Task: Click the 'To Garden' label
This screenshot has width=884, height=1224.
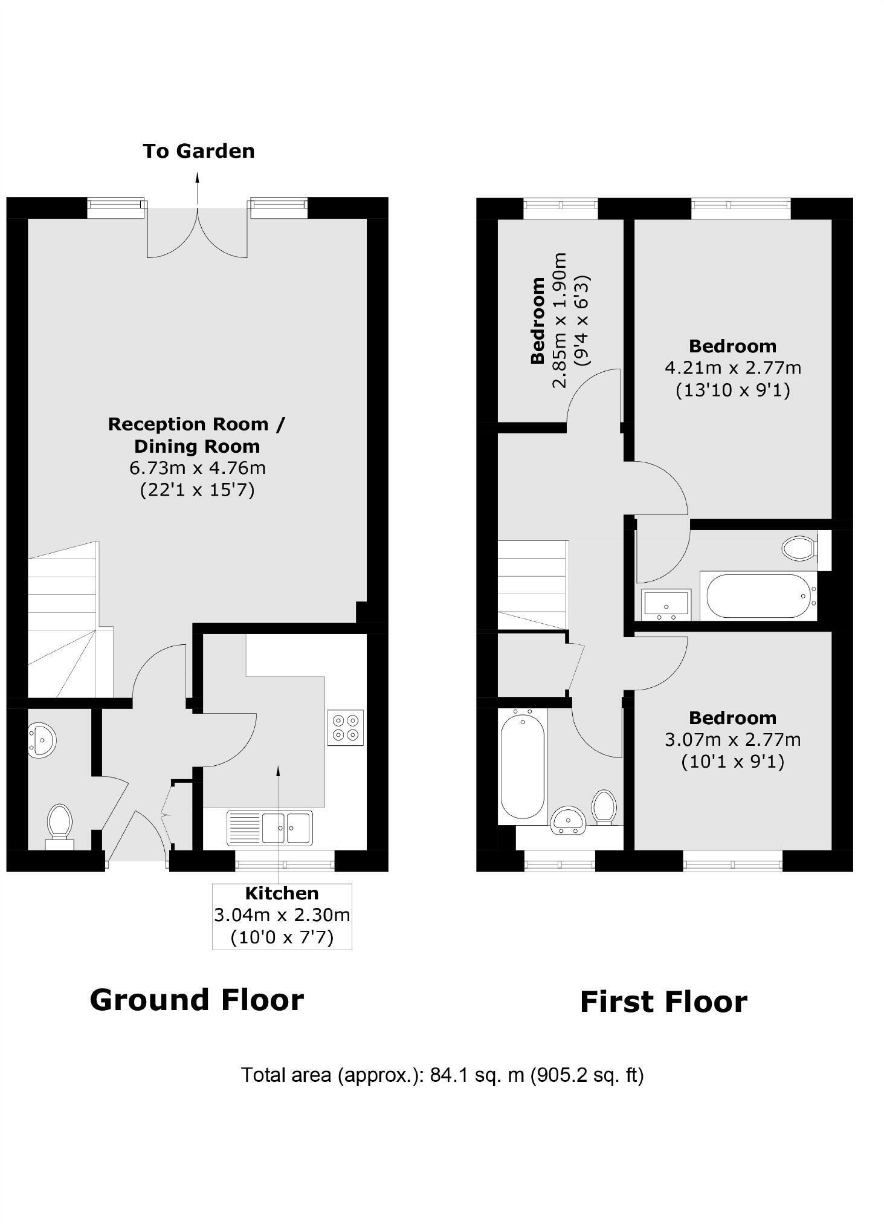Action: (x=198, y=151)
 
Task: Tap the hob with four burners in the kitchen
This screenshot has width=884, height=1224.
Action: (x=346, y=727)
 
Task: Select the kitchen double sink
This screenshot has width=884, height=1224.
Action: (x=269, y=827)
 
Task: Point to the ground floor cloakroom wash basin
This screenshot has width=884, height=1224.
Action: (x=42, y=739)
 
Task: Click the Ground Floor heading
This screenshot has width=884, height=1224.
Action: (x=196, y=1000)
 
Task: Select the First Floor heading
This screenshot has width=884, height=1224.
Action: (x=663, y=1002)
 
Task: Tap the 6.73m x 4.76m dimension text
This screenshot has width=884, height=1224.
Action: (x=198, y=468)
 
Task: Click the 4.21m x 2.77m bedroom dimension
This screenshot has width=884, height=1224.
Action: (x=732, y=368)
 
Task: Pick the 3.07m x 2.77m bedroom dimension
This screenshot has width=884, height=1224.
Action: (x=732, y=739)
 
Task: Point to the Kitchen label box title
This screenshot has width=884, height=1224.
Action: (x=282, y=893)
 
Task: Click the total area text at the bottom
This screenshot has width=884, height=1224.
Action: (x=442, y=1075)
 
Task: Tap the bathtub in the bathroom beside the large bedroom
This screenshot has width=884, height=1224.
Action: (x=758, y=595)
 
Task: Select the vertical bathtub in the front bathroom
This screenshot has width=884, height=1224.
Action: (x=522, y=766)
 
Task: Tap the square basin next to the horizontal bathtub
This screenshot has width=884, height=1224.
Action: (x=666, y=604)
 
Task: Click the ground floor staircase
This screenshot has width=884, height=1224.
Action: (x=66, y=623)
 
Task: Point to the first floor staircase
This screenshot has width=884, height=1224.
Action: (x=532, y=584)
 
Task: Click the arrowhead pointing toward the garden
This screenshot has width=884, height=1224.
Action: (x=197, y=176)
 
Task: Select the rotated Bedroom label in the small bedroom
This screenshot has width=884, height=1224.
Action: (x=537, y=321)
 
